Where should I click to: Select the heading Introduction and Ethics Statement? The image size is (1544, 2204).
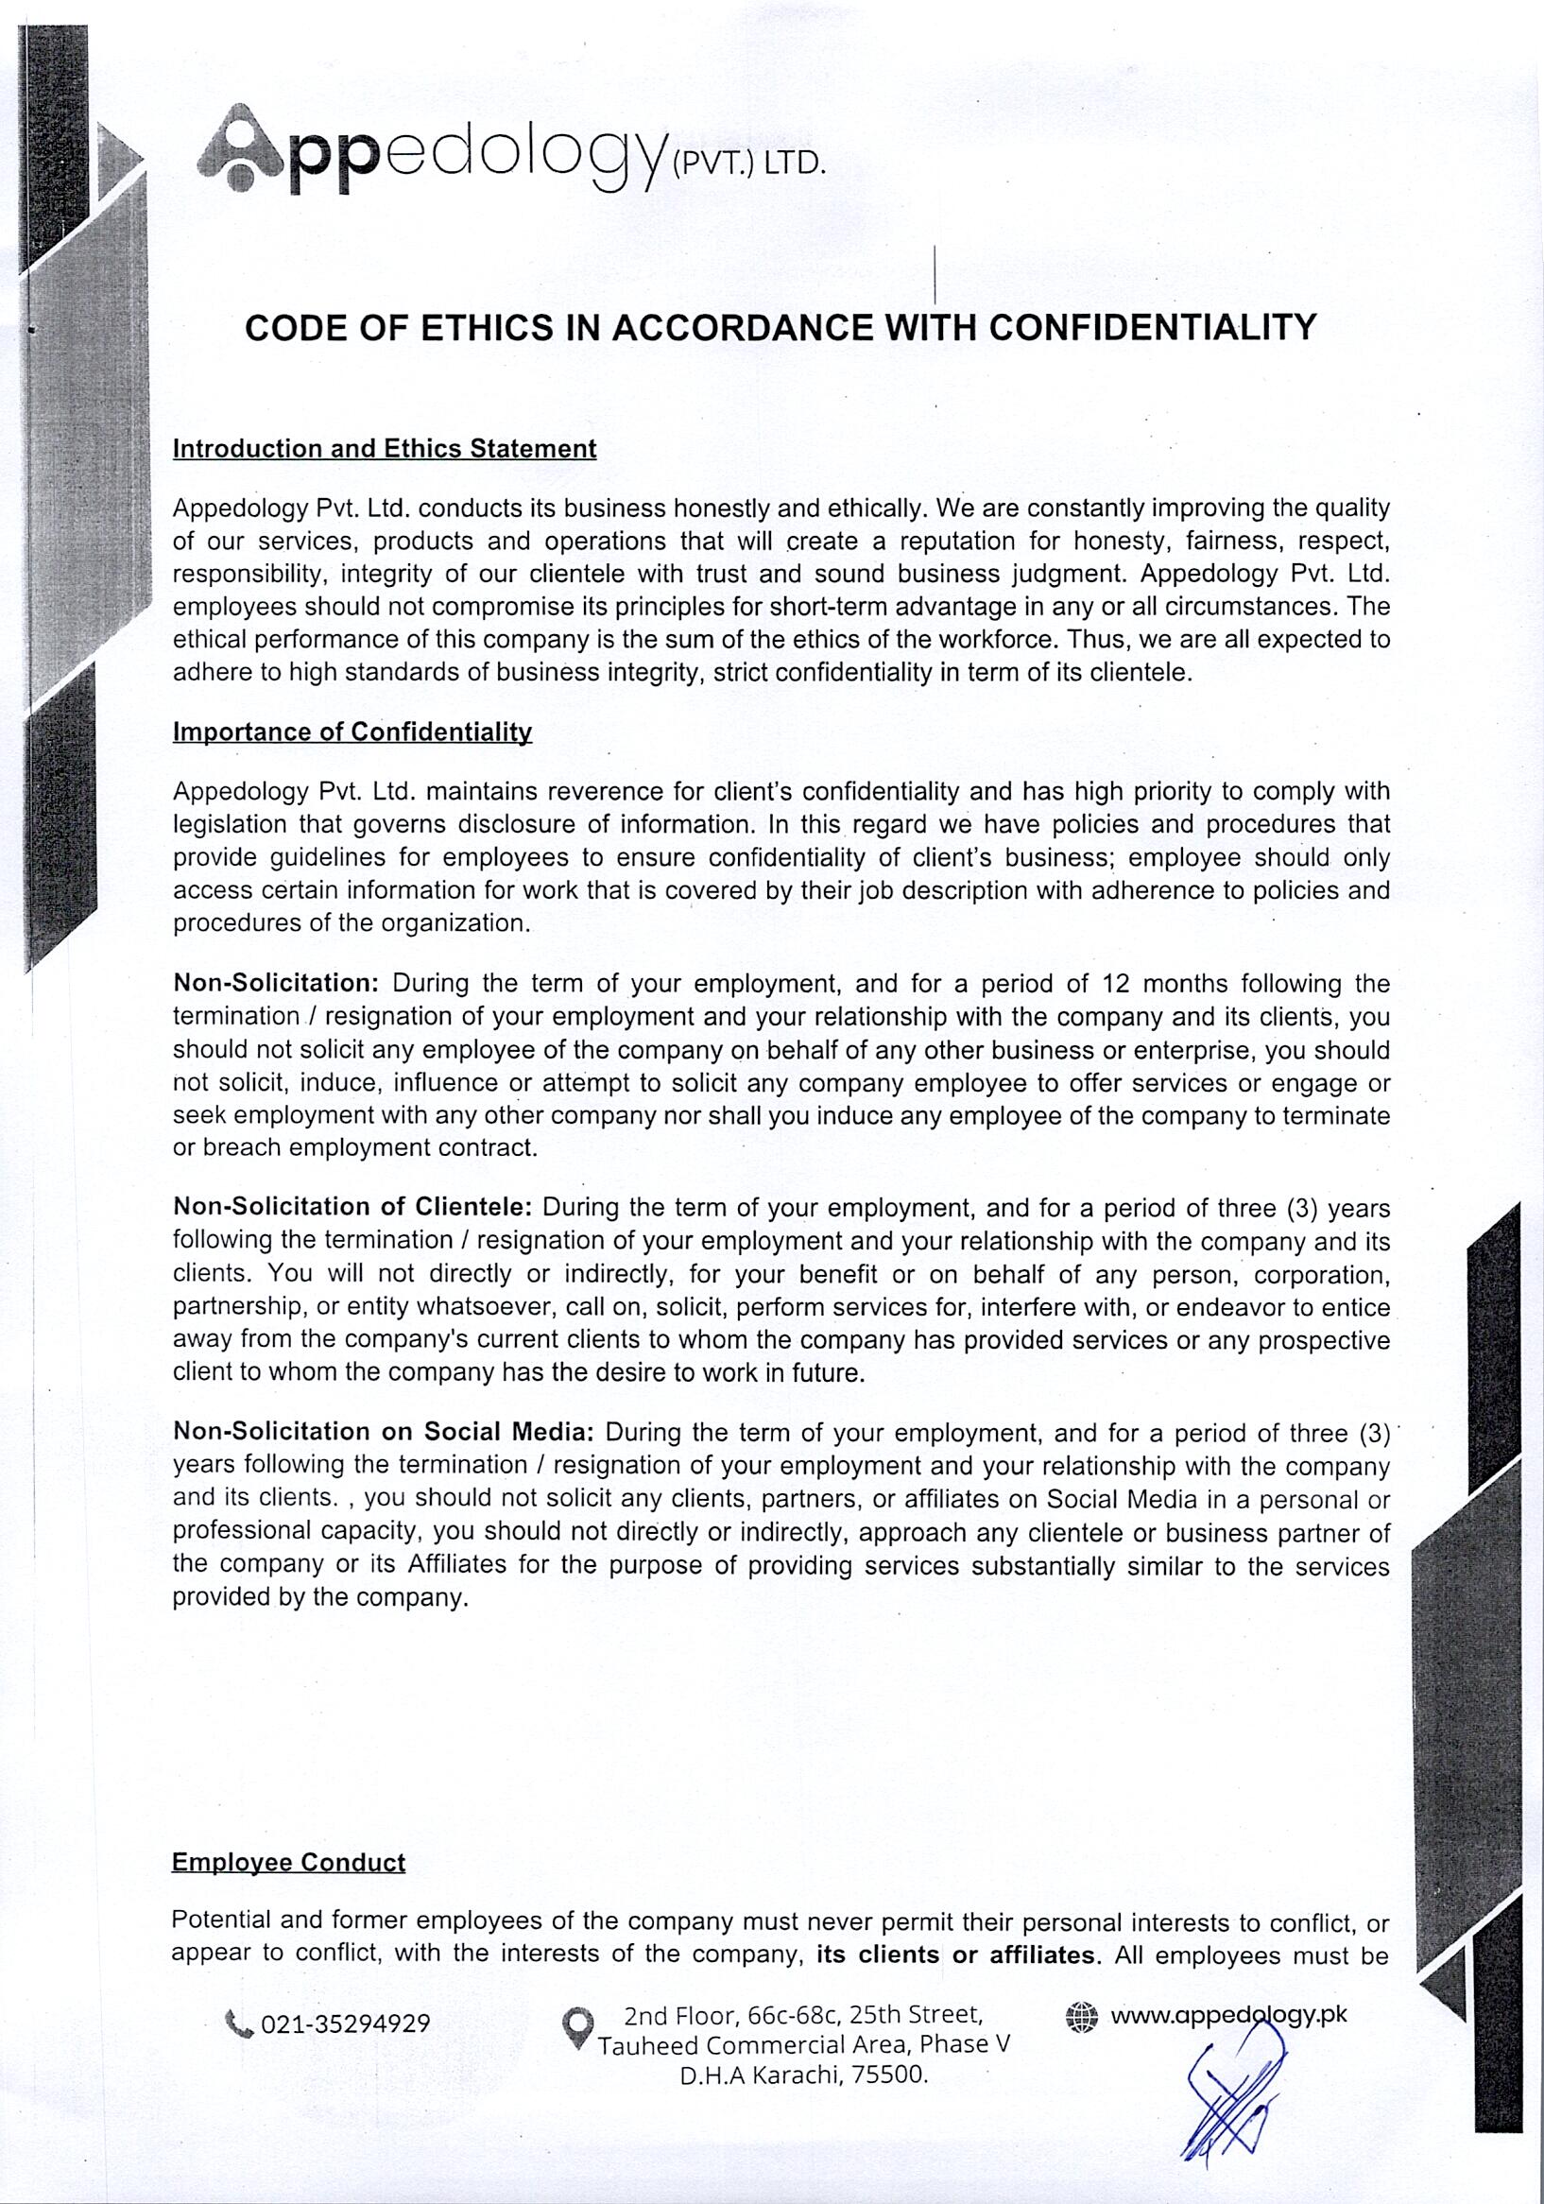[384, 449]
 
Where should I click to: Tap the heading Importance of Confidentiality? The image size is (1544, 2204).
[352, 732]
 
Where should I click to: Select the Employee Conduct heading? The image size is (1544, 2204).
[288, 1862]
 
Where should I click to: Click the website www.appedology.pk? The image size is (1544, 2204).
[1228, 2014]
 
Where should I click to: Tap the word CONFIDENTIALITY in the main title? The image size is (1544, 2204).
[1153, 328]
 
